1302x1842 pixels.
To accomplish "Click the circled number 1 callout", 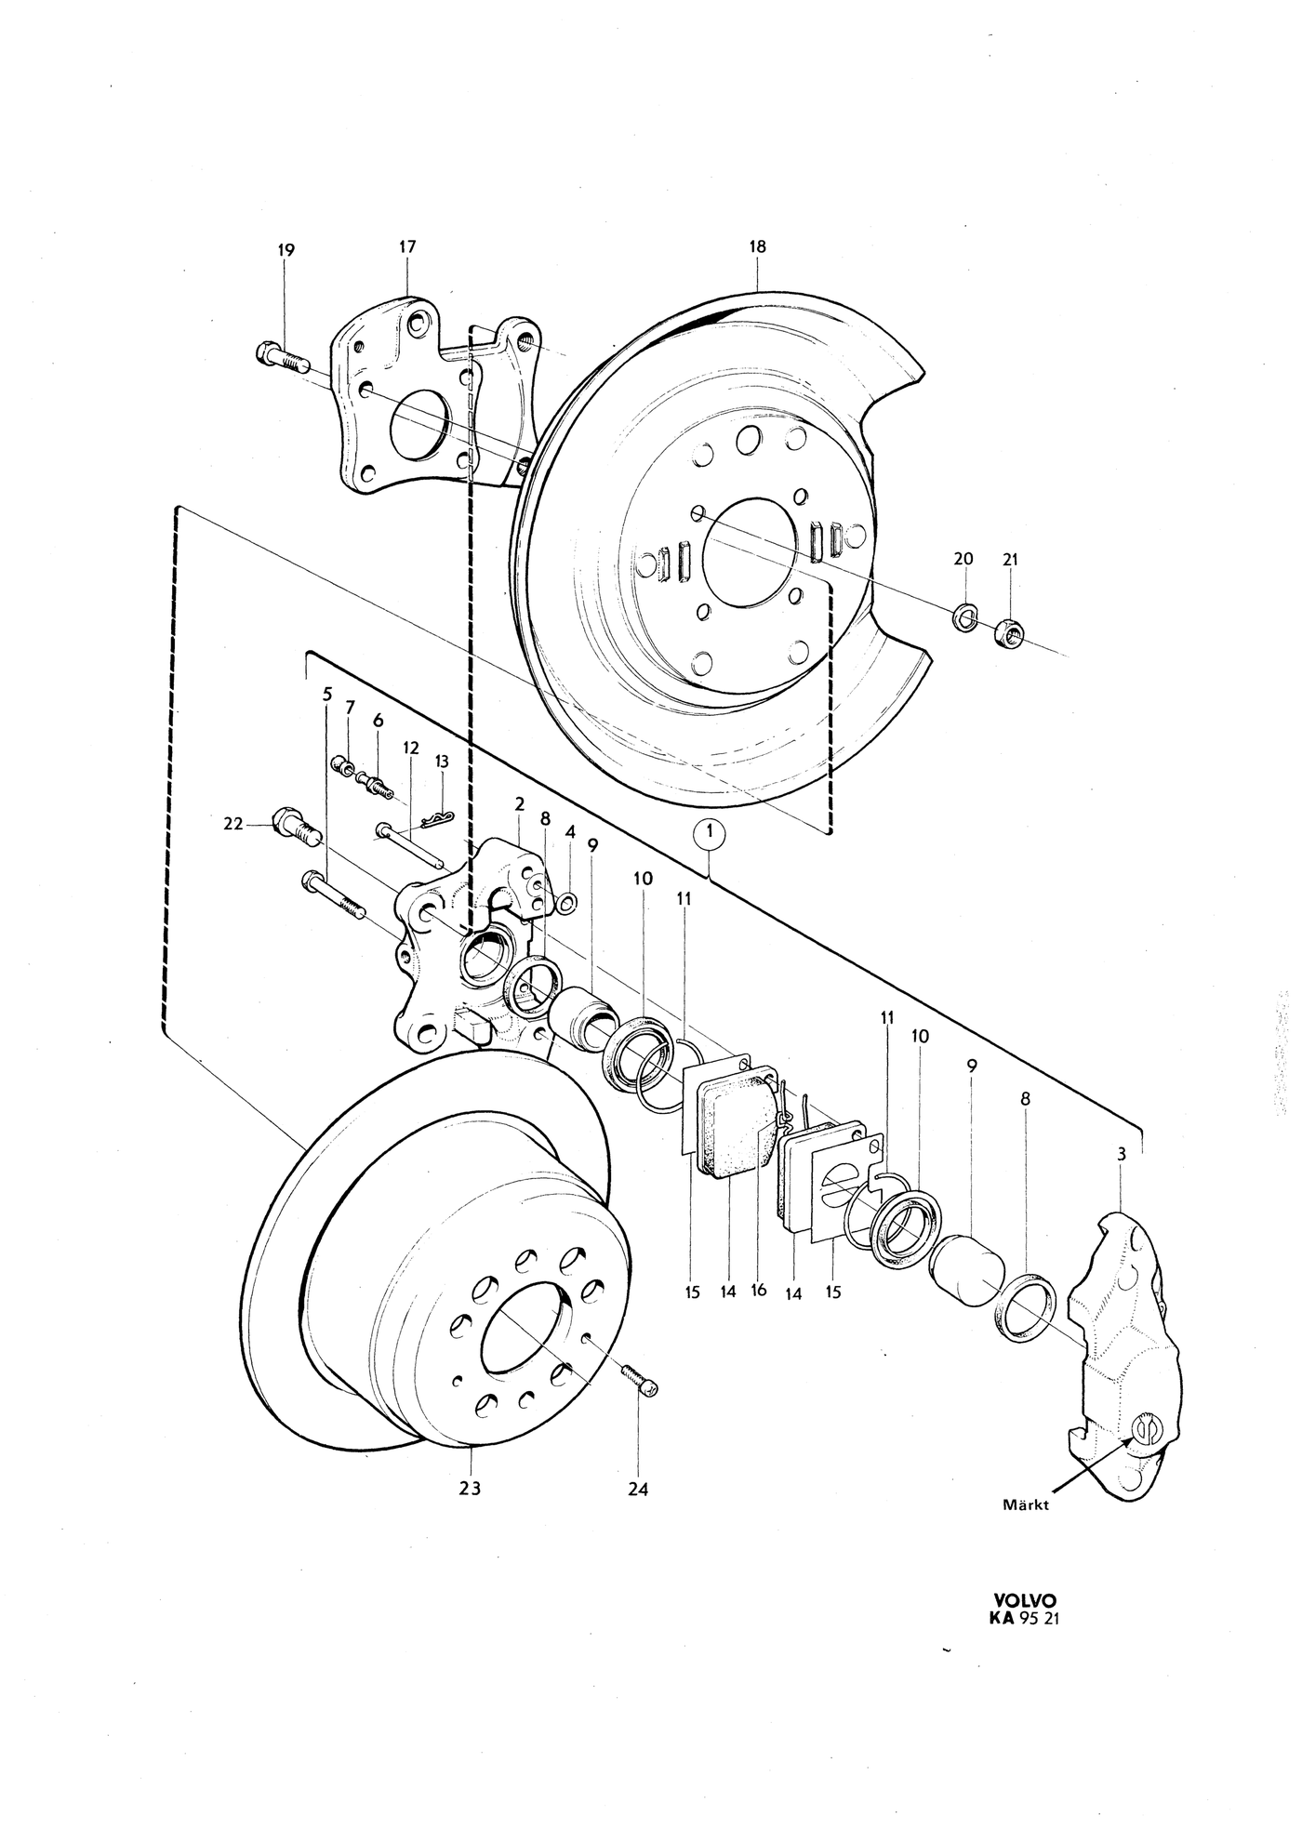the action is (x=709, y=834).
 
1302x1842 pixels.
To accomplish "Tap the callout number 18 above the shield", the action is (x=757, y=246).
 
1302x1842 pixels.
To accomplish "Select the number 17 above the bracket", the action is (x=407, y=246).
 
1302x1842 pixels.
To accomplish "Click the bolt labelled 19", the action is (x=281, y=356).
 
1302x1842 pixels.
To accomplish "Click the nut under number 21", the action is (x=1009, y=633).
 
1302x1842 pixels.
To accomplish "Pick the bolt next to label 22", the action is (x=296, y=826).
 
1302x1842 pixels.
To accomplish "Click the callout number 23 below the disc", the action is (x=470, y=1488).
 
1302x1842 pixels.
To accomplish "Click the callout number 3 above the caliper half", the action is (x=1122, y=1155).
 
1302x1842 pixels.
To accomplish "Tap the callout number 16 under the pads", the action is (x=759, y=1290).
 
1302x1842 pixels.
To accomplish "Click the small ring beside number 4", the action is (x=568, y=900).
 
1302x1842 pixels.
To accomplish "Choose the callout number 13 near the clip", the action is (x=442, y=761).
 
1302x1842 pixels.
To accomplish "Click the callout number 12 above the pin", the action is (x=411, y=748).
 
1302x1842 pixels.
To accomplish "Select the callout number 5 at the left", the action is (x=327, y=694).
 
